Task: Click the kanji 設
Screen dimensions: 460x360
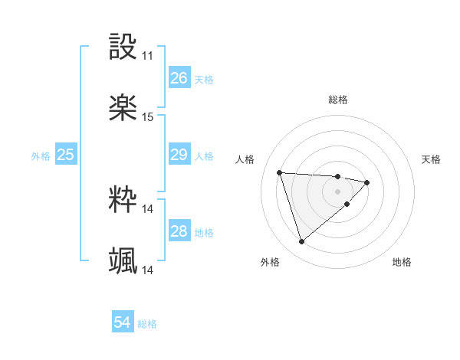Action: [x=123, y=47]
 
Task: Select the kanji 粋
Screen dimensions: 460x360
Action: [x=123, y=200]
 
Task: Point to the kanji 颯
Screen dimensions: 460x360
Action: [x=123, y=261]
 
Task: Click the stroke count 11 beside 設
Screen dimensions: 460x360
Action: [x=148, y=56]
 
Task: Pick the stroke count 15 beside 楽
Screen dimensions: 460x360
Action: [x=148, y=117]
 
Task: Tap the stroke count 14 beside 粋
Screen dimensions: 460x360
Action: [x=148, y=208]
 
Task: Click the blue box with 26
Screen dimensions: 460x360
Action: [x=179, y=78]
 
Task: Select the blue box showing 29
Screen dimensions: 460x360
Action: [x=179, y=155]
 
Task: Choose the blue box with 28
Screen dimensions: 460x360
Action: [x=179, y=231]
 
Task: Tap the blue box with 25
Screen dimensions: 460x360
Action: [x=65, y=155]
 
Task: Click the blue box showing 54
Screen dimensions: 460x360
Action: [x=123, y=323]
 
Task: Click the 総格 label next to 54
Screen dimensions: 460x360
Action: [x=147, y=324]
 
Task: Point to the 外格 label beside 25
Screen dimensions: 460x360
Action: [x=41, y=156]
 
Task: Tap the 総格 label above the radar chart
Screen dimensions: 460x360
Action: [x=338, y=100]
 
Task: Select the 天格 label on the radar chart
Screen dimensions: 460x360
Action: [x=432, y=159]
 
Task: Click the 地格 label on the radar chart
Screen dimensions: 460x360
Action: [x=402, y=262]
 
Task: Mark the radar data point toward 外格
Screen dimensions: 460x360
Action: [x=301, y=242]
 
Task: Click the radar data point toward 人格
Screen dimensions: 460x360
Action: [x=280, y=172]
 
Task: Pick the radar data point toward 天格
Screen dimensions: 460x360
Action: [x=367, y=182]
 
